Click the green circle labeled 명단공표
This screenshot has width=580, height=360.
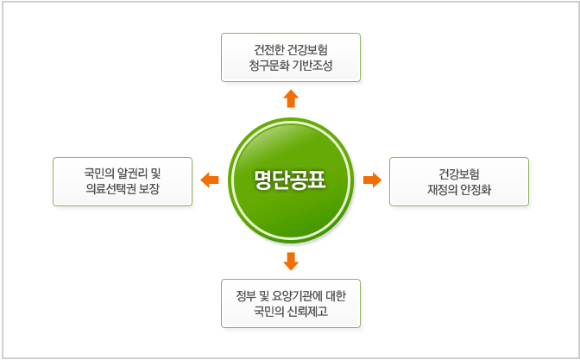291,180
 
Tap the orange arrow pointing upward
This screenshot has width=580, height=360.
291,98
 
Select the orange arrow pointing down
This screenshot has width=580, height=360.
291,262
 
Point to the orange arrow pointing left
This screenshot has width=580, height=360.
210,180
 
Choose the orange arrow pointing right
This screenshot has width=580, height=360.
373,180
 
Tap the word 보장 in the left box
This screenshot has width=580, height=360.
149,189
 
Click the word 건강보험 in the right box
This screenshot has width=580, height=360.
459,174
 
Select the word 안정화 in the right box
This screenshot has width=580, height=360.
476,189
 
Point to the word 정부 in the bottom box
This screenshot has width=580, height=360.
246,295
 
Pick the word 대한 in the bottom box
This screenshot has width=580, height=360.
336,295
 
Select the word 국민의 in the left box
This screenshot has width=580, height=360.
99,174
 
